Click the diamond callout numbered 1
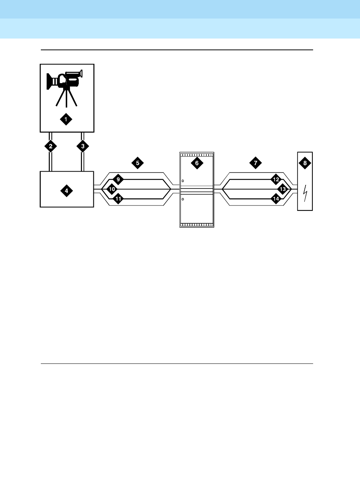[66, 119]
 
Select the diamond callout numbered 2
[50, 146]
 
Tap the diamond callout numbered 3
[83, 146]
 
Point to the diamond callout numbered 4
[66, 191]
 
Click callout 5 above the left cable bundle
[137, 163]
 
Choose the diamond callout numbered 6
[197, 163]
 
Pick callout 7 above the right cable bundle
[255, 163]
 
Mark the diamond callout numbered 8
[305, 163]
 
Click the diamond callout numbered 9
[118, 179]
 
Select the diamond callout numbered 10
[112, 189]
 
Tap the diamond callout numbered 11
[118, 198]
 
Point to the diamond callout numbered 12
[276, 179]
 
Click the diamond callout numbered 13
[282, 189]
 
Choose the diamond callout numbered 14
[276, 198]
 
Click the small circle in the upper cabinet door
[183, 181]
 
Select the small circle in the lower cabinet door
[183, 199]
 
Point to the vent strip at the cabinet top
[197, 155]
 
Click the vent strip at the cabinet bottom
[197, 224]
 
